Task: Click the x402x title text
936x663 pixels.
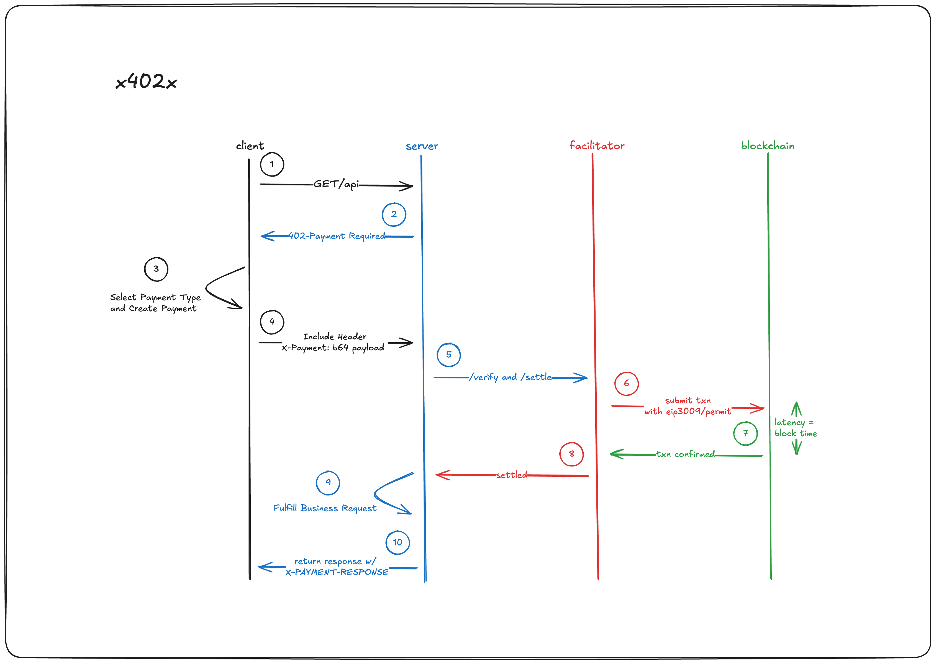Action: pyautogui.click(x=146, y=82)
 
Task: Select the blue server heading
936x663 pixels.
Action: pyautogui.click(x=422, y=146)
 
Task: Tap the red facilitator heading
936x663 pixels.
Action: pyautogui.click(x=596, y=146)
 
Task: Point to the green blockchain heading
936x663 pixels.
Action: pyautogui.click(x=768, y=146)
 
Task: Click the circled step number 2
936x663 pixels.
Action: pyautogui.click(x=394, y=214)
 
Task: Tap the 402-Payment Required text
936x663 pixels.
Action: pyautogui.click(x=337, y=236)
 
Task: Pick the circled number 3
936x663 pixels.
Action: pyautogui.click(x=156, y=269)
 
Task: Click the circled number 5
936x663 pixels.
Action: pyautogui.click(x=448, y=355)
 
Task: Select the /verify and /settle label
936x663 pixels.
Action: pyautogui.click(x=510, y=377)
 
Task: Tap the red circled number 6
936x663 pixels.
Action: pyautogui.click(x=626, y=384)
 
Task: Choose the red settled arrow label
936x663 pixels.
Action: pyautogui.click(x=511, y=475)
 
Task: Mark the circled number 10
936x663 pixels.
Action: pyautogui.click(x=398, y=542)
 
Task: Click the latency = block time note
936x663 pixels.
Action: pyautogui.click(x=795, y=428)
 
